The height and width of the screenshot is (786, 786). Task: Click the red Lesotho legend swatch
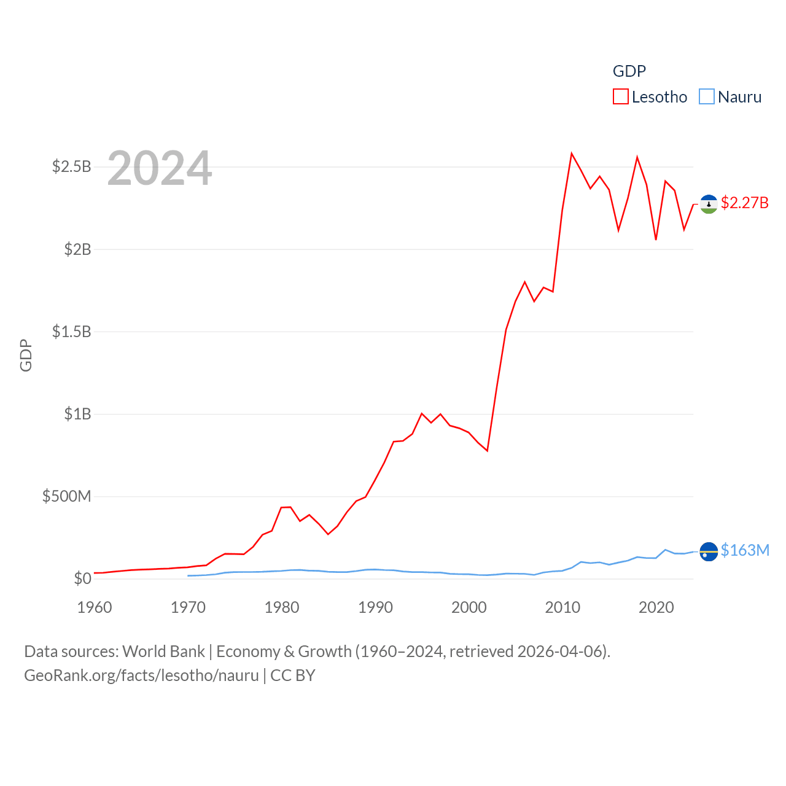coord(621,97)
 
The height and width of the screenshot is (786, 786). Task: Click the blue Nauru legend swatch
coord(707,97)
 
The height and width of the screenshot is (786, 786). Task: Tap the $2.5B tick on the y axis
coord(72,166)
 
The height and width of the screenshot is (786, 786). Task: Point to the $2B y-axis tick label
coord(77,249)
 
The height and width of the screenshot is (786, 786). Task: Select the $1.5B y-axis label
coord(72,332)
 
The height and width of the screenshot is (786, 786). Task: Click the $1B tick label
coord(77,414)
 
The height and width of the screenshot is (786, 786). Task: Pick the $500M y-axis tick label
coord(66,496)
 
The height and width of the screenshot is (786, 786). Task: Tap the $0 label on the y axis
coord(82,578)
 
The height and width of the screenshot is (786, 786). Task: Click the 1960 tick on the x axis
coord(95,607)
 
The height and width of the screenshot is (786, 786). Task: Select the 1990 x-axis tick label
coord(375,607)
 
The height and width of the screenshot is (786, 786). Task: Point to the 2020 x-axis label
coord(656,607)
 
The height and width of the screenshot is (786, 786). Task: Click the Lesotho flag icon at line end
coord(709,204)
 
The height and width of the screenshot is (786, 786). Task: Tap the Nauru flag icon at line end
coord(709,552)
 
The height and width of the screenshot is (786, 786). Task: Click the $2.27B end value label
coord(744,203)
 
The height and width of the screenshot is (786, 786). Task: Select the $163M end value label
coord(745,550)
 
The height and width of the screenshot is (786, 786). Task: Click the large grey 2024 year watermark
coord(160,168)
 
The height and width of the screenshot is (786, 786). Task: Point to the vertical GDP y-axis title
coord(26,355)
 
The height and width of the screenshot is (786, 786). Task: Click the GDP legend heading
coord(629,71)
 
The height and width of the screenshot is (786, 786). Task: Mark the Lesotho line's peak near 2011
coord(572,154)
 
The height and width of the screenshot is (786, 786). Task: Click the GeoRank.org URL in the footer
coord(141,675)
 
